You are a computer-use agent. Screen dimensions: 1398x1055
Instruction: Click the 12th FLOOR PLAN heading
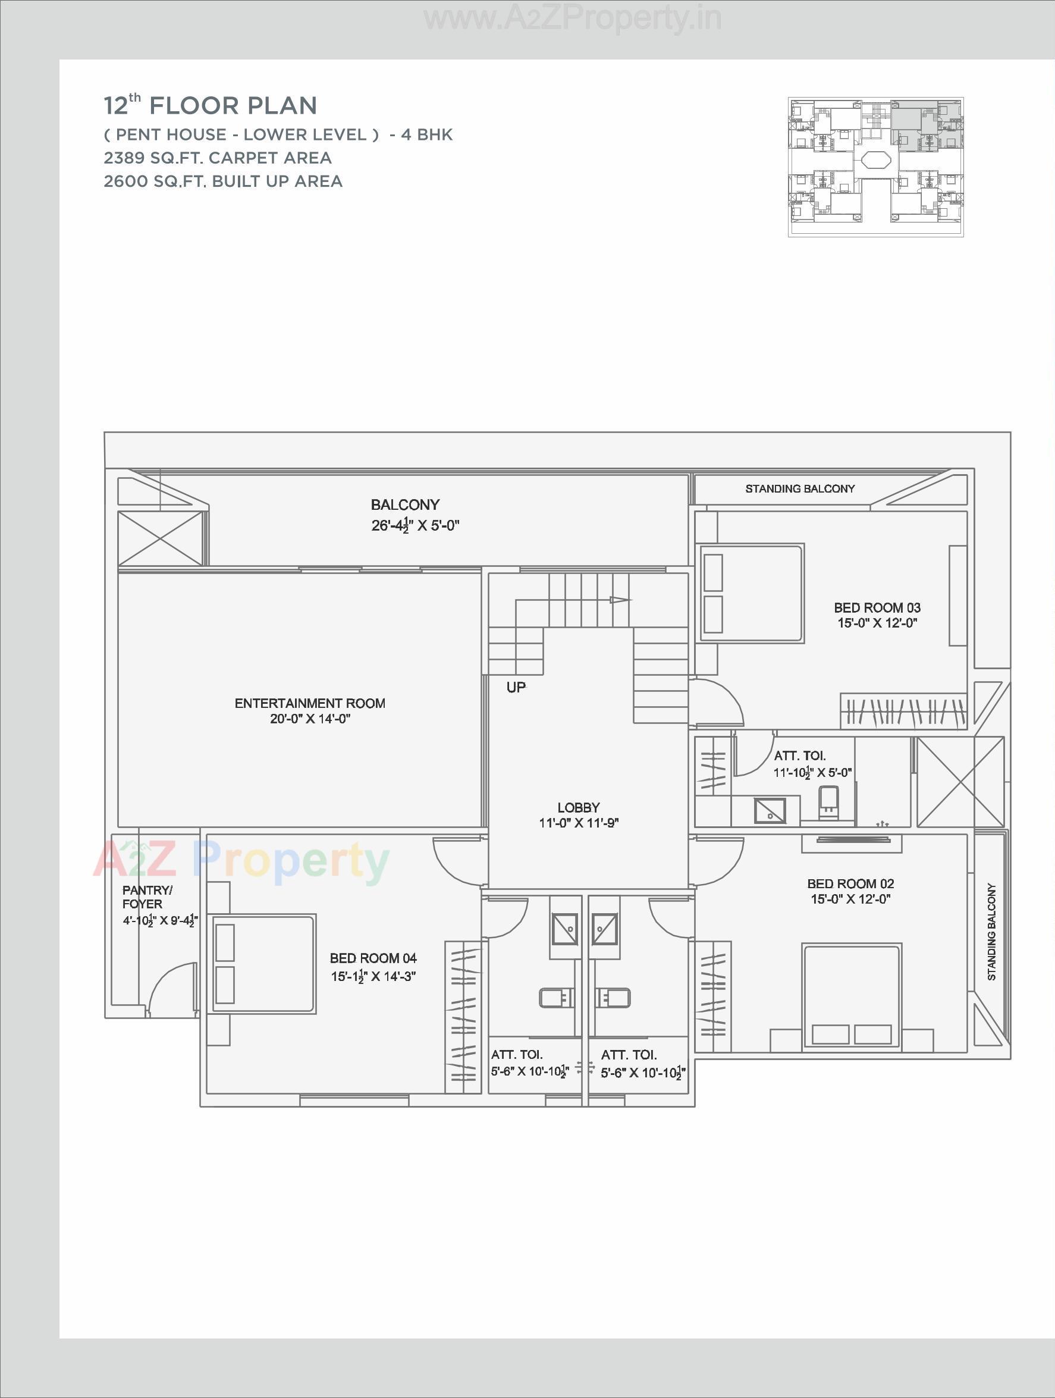coord(211,105)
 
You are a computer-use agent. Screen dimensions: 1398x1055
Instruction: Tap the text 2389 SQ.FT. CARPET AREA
coord(217,158)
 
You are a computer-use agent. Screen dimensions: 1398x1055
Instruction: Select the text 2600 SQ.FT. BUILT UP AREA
coord(223,181)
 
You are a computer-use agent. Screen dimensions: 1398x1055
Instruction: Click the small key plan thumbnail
coord(875,167)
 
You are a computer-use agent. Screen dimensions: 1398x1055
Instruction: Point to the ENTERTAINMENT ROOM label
coord(310,703)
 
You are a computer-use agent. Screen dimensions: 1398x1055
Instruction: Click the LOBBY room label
coord(578,808)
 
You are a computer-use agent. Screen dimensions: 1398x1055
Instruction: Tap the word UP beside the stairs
coord(516,688)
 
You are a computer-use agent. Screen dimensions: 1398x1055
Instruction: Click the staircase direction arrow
coord(619,600)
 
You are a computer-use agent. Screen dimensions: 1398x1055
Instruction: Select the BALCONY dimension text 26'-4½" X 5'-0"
coord(415,526)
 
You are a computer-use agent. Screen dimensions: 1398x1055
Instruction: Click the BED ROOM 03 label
coord(877,608)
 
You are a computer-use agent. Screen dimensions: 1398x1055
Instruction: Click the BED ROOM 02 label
coord(850,884)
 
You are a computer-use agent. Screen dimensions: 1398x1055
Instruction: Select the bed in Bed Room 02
coord(852,996)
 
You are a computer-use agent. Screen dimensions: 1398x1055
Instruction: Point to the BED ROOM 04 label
coord(373,958)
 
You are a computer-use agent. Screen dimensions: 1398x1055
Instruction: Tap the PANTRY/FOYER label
coord(146,897)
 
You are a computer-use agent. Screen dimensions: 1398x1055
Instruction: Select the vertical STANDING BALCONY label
coord(991,932)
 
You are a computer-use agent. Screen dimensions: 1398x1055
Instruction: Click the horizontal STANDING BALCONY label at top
coord(799,488)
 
